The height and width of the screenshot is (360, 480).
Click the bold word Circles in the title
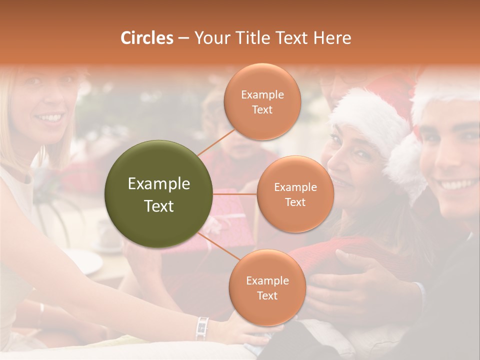[147, 38]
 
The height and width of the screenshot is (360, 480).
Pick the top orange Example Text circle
[262, 101]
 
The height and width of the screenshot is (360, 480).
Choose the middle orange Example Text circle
[295, 194]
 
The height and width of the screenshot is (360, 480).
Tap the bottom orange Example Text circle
[267, 287]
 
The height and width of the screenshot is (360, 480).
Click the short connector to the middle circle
[235, 194]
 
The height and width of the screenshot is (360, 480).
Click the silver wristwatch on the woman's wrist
[202, 327]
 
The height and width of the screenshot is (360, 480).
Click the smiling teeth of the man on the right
[453, 184]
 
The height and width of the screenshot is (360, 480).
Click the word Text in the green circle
[159, 205]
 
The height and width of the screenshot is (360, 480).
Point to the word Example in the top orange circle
[262, 95]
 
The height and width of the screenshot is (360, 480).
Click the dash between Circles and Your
[183, 38]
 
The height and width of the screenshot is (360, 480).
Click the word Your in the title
[209, 38]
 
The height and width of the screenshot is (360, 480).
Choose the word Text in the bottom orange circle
[267, 295]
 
